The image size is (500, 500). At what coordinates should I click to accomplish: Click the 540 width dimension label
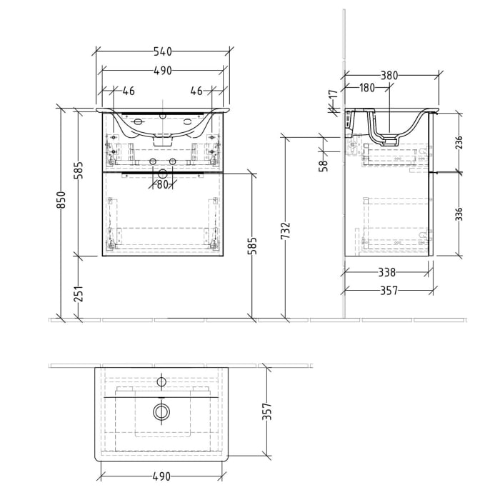163,51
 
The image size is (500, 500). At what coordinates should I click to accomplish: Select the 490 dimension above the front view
163,71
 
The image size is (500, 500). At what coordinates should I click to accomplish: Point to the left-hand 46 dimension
129,91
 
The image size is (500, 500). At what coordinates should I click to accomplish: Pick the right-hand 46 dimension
196,91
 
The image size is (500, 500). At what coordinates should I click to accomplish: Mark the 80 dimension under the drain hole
163,184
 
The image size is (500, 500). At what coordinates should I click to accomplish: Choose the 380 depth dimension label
389,75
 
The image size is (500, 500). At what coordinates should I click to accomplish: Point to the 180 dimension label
366,88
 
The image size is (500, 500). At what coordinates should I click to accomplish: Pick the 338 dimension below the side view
386,272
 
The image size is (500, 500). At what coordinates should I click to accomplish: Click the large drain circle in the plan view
162,412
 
